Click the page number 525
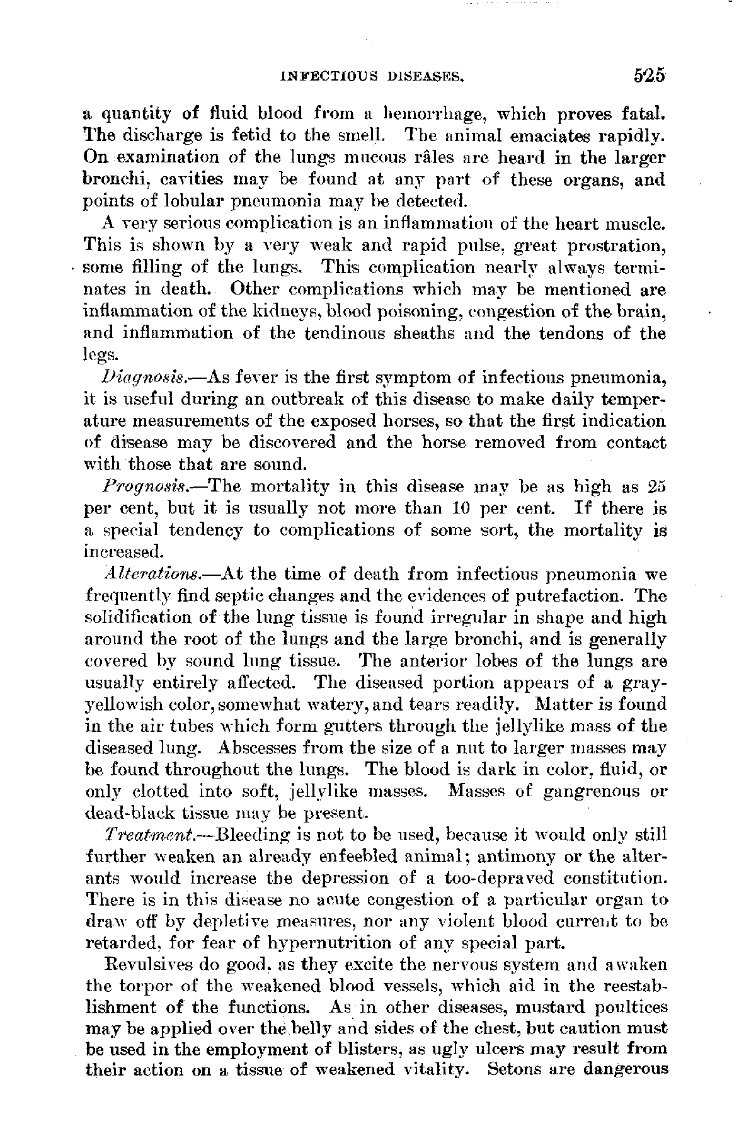pyautogui.click(x=641, y=76)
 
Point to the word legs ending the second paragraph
pyautogui.click(x=99, y=356)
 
